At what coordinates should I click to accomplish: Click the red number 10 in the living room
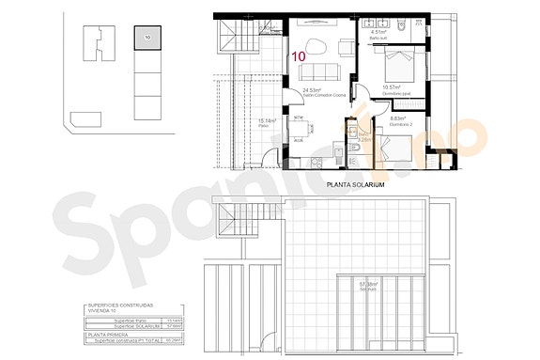point(298,56)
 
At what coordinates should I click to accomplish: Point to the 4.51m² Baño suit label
point(379,34)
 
